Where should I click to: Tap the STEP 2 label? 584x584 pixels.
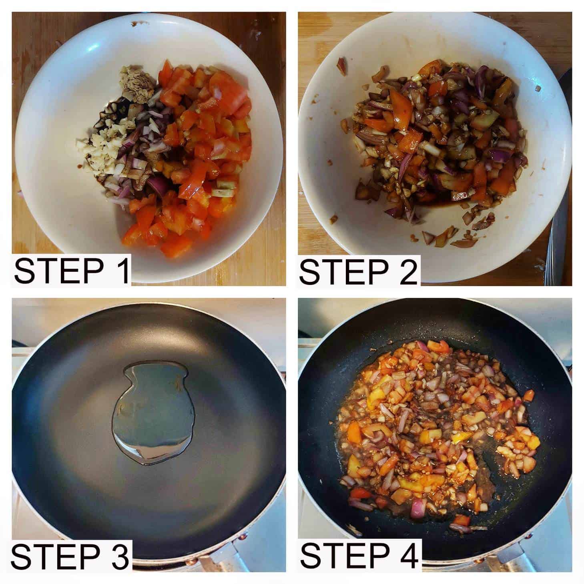click(x=358, y=271)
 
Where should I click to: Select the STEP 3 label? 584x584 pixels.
click(x=70, y=557)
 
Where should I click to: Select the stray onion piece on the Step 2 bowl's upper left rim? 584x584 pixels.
click(x=341, y=66)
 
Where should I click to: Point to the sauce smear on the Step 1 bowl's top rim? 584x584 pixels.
click(x=138, y=25)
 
